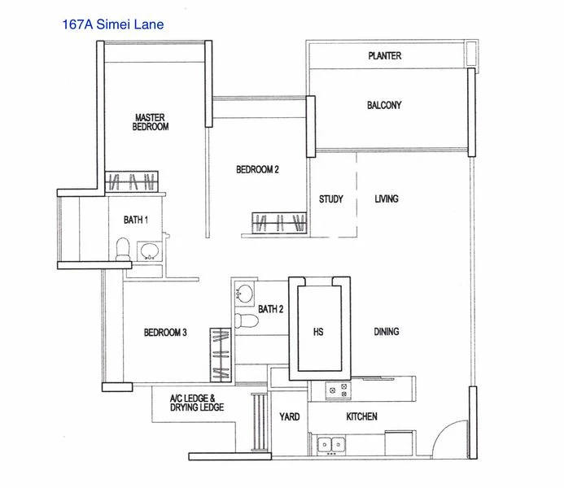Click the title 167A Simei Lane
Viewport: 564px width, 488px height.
point(112,24)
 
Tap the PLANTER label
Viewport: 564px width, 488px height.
point(384,56)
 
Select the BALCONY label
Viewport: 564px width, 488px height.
point(384,105)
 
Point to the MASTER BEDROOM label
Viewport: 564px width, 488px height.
point(151,122)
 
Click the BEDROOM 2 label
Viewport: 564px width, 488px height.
point(257,169)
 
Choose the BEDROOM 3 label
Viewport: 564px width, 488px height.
point(165,332)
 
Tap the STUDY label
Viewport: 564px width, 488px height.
point(330,199)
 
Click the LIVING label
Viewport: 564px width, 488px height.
point(387,199)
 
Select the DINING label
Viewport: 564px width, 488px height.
point(386,332)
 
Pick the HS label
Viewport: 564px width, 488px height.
point(318,332)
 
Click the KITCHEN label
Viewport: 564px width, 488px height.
point(361,416)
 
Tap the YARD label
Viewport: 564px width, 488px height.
point(290,417)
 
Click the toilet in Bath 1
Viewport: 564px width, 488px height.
point(122,249)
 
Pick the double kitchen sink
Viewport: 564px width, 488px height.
point(330,444)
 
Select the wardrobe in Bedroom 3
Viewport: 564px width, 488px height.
point(220,355)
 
